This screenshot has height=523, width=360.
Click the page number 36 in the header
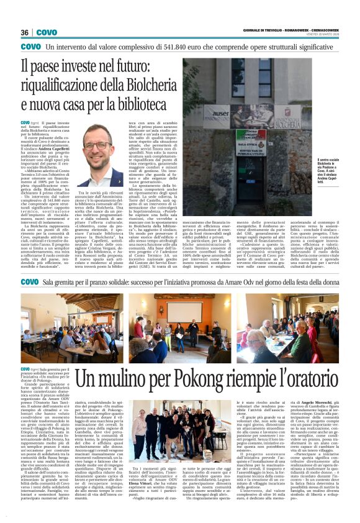25,33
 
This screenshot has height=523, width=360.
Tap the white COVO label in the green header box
47,33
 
